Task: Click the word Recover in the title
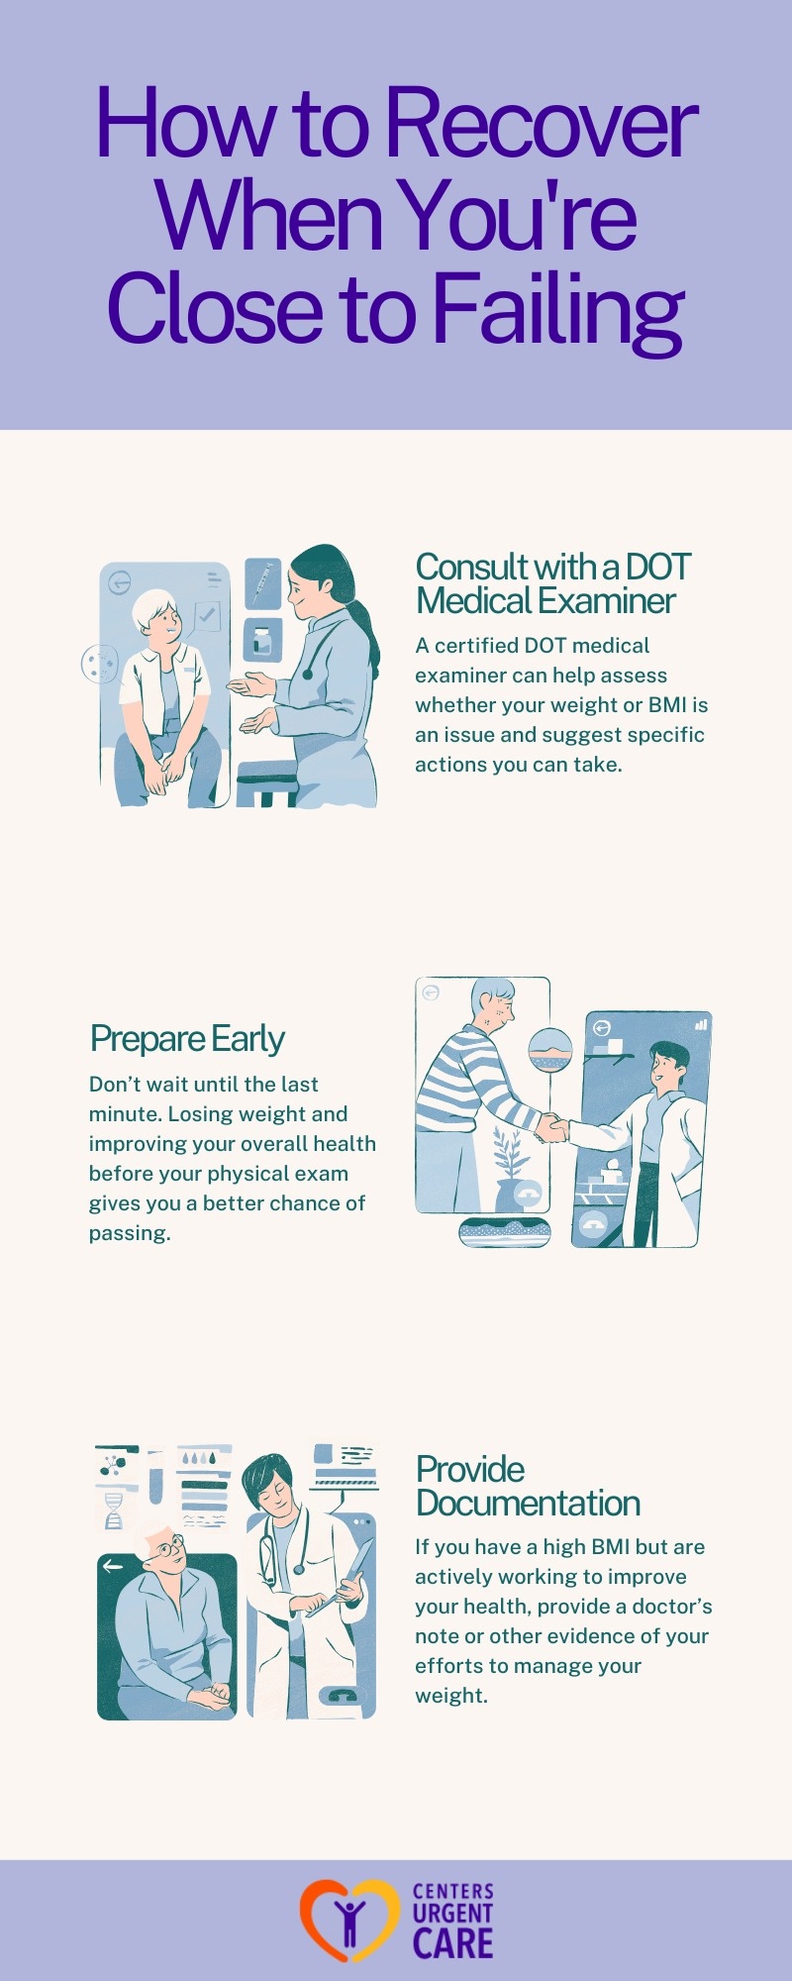point(542,124)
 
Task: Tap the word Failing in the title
point(558,310)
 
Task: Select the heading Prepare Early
point(187,1039)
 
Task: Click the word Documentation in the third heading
point(528,1503)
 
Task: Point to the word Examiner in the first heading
point(611,600)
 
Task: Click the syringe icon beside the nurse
point(262,582)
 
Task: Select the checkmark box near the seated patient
point(207,616)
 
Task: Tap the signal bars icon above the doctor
point(701,1024)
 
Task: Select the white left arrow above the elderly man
point(113,1566)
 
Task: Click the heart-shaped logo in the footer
point(348,1921)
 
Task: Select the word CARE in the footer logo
point(452,1943)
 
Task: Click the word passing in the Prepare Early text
point(128,1234)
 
